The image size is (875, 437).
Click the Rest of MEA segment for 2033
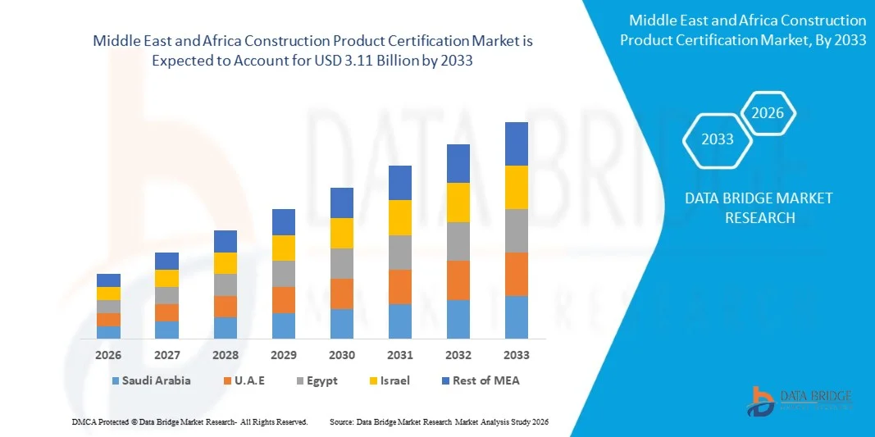coord(516,143)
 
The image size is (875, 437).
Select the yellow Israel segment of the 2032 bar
coord(458,202)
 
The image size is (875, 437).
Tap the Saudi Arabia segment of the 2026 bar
coord(108,332)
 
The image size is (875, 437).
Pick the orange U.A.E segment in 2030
coord(341,294)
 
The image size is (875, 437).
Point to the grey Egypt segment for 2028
coord(226,285)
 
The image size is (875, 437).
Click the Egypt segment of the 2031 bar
coord(399,253)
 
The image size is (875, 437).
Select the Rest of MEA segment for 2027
coord(166,261)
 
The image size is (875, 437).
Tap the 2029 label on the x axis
coord(283,355)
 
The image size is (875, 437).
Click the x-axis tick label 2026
coord(108,355)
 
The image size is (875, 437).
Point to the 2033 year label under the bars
coord(516,355)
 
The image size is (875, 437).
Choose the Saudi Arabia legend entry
coord(156,380)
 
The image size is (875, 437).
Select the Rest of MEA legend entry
coord(483,380)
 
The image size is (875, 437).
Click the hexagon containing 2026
coord(768,114)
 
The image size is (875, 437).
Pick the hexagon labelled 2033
coord(717,139)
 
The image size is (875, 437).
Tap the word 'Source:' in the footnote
coord(341,421)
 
